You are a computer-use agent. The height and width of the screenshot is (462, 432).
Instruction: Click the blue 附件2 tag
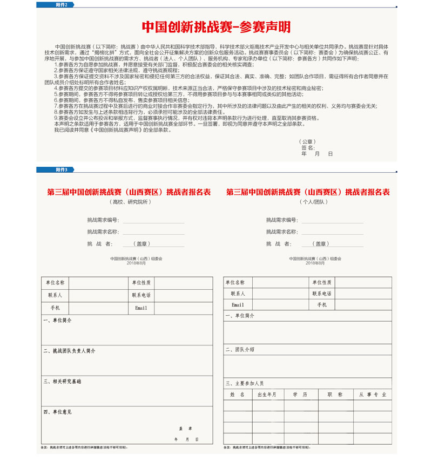click(x=56, y=5)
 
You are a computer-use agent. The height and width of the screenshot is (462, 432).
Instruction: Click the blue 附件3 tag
click(x=56, y=169)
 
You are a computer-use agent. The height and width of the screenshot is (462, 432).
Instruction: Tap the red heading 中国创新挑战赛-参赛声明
click(x=216, y=27)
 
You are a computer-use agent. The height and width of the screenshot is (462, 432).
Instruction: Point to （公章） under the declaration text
click(x=307, y=141)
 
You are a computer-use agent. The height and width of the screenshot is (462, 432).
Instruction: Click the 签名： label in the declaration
click(x=308, y=147)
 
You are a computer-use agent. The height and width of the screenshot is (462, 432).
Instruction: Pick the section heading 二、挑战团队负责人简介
click(x=70, y=351)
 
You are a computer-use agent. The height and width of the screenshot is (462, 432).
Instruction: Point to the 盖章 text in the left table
click(x=186, y=428)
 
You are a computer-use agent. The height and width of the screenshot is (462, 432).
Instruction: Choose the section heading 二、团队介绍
click(x=240, y=350)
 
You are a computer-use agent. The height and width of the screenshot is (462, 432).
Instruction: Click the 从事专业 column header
click(x=373, y=395)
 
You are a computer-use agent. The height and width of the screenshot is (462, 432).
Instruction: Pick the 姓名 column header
click(x=238, y=395)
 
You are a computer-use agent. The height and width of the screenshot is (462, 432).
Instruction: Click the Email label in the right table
click(x=238, y=305)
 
